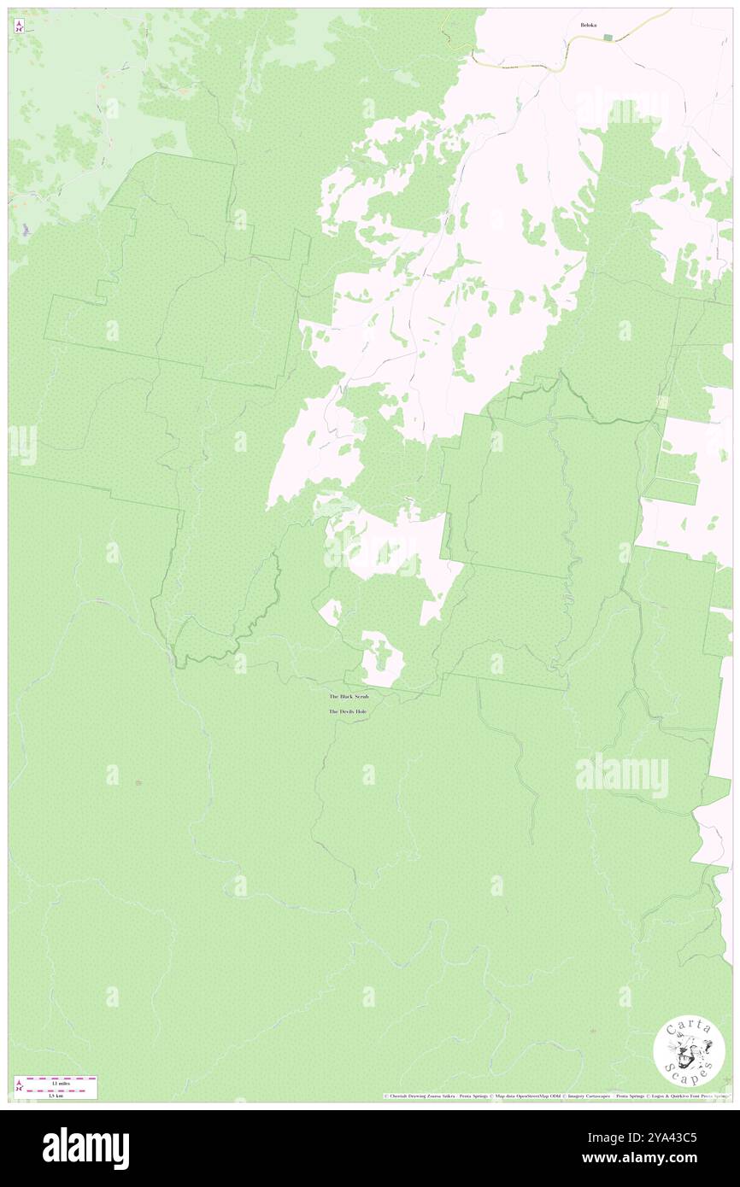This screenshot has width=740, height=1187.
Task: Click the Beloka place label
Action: tap(588, 25)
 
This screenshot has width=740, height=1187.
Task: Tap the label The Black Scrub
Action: tap(349, 697)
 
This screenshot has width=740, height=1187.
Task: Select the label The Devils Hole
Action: tap(349, 711)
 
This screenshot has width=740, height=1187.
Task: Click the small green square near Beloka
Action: tap(608, 37)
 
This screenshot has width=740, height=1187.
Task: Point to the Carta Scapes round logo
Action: tap(689, 1050)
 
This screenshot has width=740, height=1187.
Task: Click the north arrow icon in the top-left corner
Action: tap(18, 26)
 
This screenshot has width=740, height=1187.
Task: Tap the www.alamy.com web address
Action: tap(660, 1158)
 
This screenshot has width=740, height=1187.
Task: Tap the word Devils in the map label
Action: tap(348, 711)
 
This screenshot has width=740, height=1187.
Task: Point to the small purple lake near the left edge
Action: tap(26, 230)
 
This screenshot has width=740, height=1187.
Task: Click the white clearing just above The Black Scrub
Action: tap(381, 661)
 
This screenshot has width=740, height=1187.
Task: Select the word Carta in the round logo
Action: tap(689, 1028)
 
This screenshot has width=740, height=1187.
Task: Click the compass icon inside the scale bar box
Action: tap(19, 1086)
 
